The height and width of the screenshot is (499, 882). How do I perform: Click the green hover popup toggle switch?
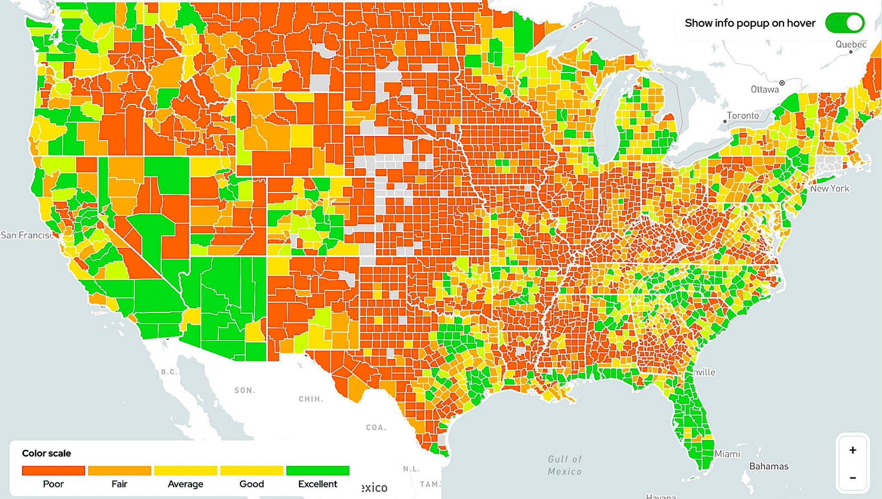point(845,23)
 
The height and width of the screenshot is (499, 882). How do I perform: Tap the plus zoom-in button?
point(852,450)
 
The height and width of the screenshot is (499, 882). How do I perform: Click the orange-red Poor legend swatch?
point(53,471)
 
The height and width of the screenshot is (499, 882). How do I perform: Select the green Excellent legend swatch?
point(317,471)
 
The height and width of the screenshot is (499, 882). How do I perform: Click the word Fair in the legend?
point(119,484)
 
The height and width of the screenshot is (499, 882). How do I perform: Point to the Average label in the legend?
point(185,484)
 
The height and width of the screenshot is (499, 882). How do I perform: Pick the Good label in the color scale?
point(252,484)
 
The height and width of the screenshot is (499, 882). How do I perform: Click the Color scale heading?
point(47,453)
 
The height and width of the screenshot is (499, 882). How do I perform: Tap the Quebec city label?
point(851,44)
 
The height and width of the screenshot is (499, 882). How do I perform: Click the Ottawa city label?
point(764,90)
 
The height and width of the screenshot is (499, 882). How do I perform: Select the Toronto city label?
point(743,115)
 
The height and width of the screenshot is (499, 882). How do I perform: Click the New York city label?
point(829,189)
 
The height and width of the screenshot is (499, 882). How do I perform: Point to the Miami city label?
point(727,454)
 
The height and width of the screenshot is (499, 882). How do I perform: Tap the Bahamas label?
point(769,466)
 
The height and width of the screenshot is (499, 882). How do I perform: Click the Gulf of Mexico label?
point(565,465)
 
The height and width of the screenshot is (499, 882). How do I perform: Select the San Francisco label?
point(27,235)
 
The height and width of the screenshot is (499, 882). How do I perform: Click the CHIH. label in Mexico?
point(311,399)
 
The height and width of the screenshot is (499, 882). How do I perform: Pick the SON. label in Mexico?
point(245,391)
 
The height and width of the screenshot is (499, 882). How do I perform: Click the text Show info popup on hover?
point(750,23)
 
